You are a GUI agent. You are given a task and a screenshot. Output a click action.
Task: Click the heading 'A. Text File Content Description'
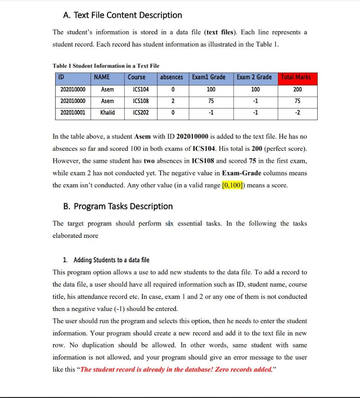pos(122,15)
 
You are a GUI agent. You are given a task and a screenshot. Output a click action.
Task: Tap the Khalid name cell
pos(107,113)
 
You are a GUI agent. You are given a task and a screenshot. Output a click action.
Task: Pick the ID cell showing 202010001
pos(74,113)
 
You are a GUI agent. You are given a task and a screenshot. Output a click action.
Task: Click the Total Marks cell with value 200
pos(297,89)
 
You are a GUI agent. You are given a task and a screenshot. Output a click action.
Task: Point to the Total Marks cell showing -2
pos(297,113)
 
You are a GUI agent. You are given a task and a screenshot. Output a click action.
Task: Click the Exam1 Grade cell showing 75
pos(211,101)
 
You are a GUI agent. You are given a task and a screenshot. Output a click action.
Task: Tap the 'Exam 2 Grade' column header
pos(255,77)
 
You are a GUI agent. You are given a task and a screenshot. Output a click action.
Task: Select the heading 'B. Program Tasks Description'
pos(118,206)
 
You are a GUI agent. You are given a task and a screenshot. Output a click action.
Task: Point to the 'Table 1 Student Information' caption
pos(106,66)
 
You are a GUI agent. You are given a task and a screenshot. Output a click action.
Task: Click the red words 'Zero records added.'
pos(243,369)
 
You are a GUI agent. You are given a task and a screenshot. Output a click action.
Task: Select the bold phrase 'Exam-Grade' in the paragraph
pos(241,173)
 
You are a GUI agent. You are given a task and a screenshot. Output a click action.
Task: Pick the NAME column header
pos(102,77)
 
